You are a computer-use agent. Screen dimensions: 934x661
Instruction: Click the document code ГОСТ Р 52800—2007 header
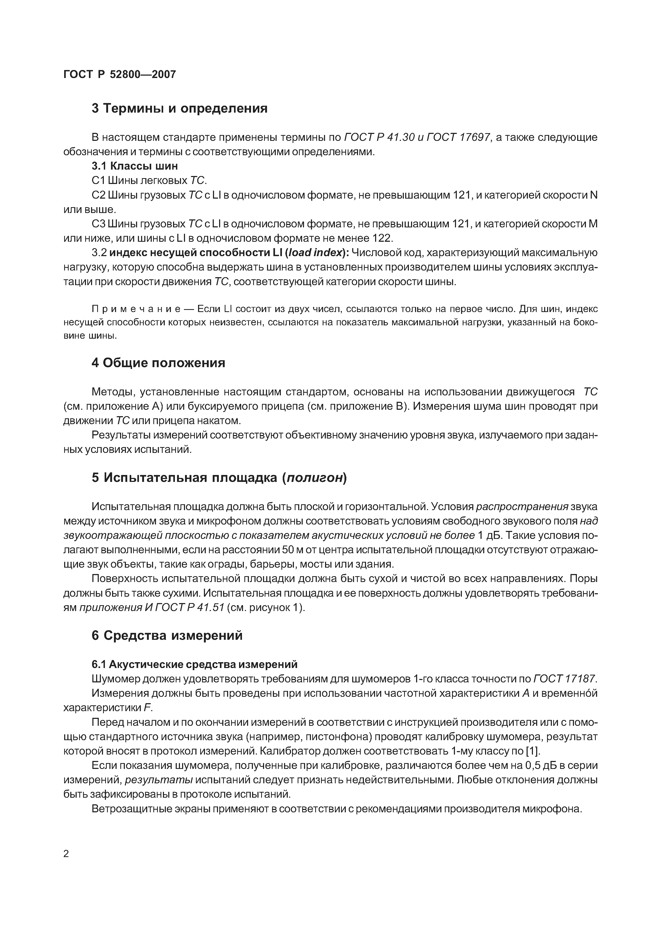[120, 75]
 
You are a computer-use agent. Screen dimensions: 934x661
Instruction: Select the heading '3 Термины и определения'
[179, 109]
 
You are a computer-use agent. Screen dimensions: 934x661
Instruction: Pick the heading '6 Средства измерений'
[167, 635]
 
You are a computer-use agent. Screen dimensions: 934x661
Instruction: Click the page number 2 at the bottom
[66, 853]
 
